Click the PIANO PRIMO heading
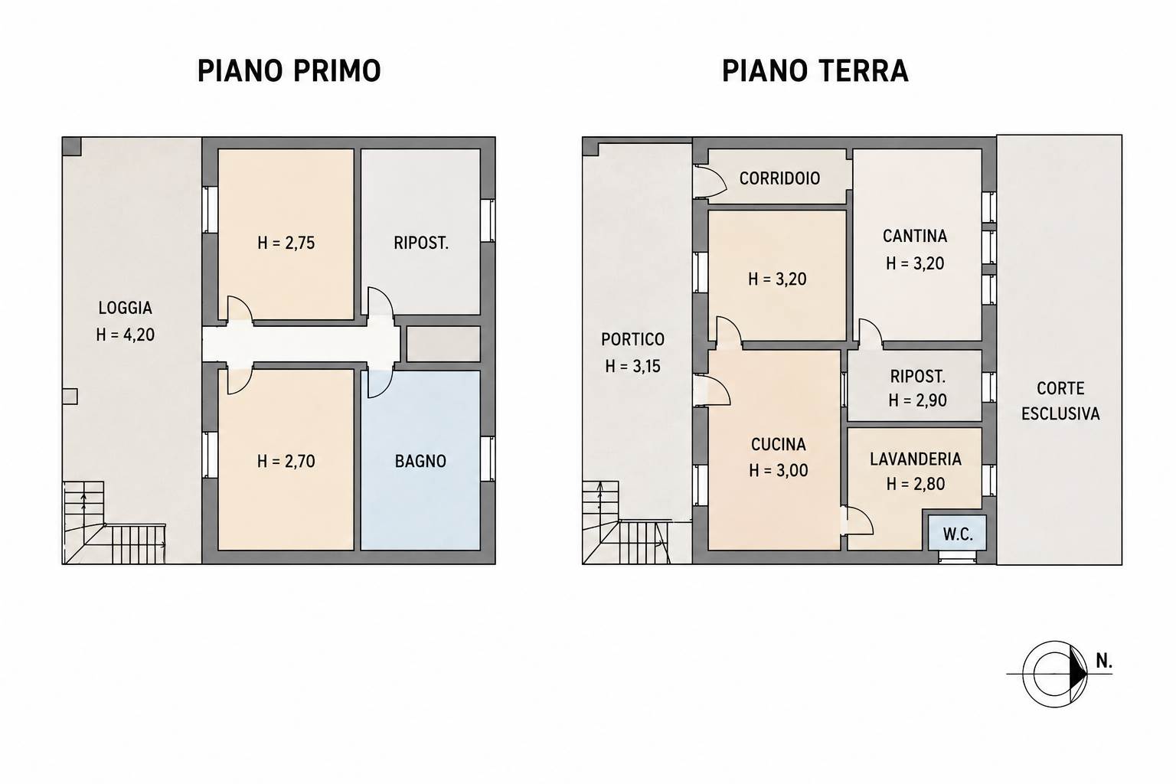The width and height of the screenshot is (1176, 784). click(289, 71)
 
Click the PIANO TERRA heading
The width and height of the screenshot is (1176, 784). click(815, 71)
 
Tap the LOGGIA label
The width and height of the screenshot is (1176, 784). click(126, 308)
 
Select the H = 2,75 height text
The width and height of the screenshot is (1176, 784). click(286, 243)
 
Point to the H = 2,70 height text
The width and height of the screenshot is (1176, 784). click(286, 462)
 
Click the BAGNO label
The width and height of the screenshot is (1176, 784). click(420, 462)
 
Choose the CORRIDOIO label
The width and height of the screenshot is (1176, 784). click(779, 178)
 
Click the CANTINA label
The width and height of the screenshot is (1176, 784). click(915, 237)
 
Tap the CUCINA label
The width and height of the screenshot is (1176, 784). click(779, 445)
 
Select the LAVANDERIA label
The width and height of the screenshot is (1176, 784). click(916, 459)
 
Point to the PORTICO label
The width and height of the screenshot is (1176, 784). click(632, 340)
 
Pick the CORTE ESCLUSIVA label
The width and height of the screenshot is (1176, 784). click(1060, 401)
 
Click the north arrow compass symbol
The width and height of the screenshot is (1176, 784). click(1055, 674)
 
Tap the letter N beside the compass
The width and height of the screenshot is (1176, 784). click(1103, 661)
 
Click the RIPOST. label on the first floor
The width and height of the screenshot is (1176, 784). click(421, 243)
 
